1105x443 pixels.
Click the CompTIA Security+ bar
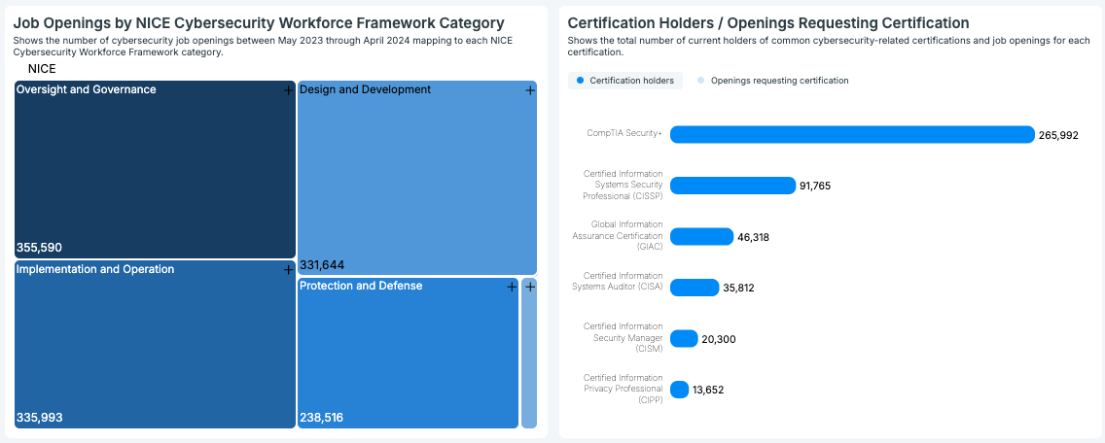[x=852, y=134]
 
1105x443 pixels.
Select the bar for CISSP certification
[x=732, y=186]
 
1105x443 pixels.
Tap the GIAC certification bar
[x=701, y=236]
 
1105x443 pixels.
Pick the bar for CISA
[x=695, y=288]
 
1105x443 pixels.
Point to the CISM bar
[x=684, y=338]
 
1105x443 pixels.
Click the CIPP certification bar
[x=679, y=390]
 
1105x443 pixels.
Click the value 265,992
[x=1058, y=135]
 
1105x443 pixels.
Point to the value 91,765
[x=815, y=186]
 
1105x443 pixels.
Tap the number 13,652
[x=708, y=390]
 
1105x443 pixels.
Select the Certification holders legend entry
[x=625, y=81]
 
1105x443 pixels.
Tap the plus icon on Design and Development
[x=530, y=90]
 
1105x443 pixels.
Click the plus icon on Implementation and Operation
[x=288, y=270]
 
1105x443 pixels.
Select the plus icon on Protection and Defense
[x=512, y=287]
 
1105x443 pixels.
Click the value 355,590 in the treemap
[x=39, y=248]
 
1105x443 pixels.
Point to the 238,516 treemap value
[x=321, y=418]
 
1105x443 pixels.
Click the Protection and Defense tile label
[x=361, y=286]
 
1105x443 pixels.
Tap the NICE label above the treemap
[x=42, y=69]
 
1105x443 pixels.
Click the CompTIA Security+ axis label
[x=624, y=134]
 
